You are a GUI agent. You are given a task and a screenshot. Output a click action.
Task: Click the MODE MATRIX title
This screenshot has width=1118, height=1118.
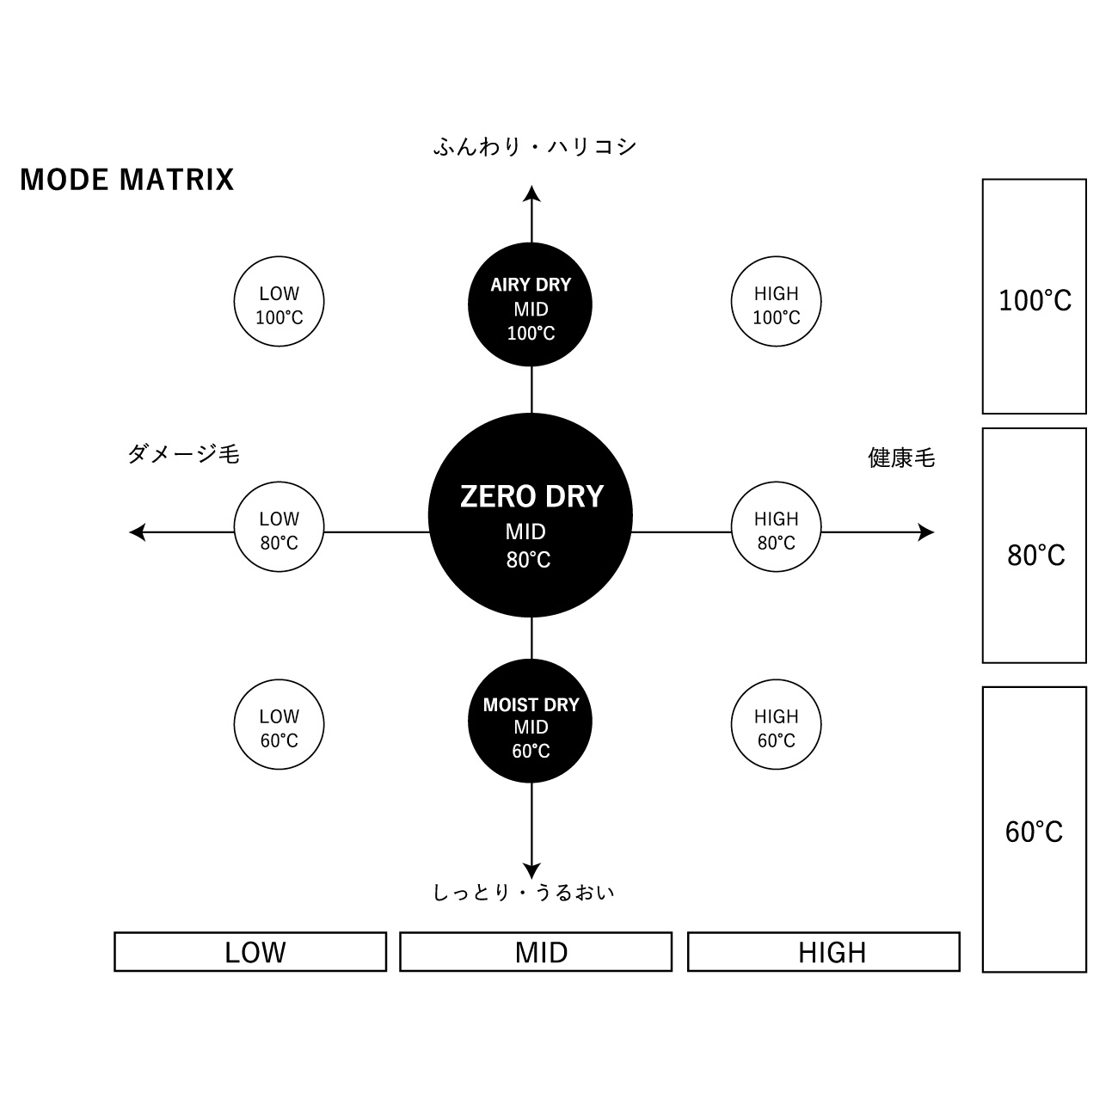(x=127, y=179)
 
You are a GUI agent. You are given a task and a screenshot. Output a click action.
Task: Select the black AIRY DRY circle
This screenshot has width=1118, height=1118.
(x=531, y=304)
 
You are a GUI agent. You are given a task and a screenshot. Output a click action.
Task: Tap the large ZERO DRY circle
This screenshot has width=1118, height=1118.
(x=531, y=515)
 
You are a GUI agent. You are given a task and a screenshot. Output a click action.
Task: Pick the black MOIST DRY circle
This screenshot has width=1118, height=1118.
(x=531, y=722)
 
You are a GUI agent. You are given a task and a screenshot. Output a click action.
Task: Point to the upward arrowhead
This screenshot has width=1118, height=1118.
(x=532, y=194)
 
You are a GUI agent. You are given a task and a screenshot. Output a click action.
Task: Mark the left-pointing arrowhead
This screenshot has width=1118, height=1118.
(x=138, y=532)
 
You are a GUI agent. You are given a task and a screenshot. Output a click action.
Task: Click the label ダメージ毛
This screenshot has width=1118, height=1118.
(x=183, y=454)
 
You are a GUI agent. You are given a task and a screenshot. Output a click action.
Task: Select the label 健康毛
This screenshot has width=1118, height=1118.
(x=901, y=458)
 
